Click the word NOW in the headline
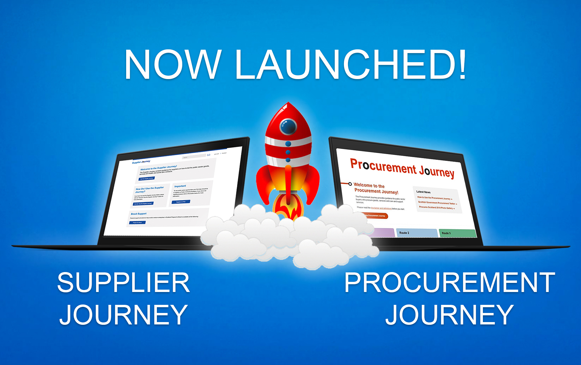tap(173, 65)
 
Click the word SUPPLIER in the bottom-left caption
tap(123, 283)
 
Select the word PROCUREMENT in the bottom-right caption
tap(449, 283)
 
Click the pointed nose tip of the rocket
tap(288, 104)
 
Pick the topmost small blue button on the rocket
tap(288, 144)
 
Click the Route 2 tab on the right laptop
tap(417, 233)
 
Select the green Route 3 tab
tap(457, 233)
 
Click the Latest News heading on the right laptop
tap(423, 192)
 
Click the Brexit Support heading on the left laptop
tap(139, 214)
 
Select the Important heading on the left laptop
tap(180, 186)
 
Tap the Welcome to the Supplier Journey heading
tap(159, 168)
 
